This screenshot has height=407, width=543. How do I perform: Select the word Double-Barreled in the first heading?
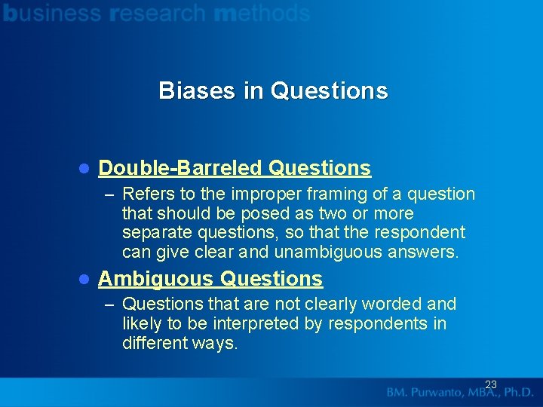click(179, 167)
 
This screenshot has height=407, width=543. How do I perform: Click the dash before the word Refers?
click(110, 194)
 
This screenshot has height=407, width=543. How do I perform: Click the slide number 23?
click(491, 385)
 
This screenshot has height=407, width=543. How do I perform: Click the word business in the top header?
click(52, 13)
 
